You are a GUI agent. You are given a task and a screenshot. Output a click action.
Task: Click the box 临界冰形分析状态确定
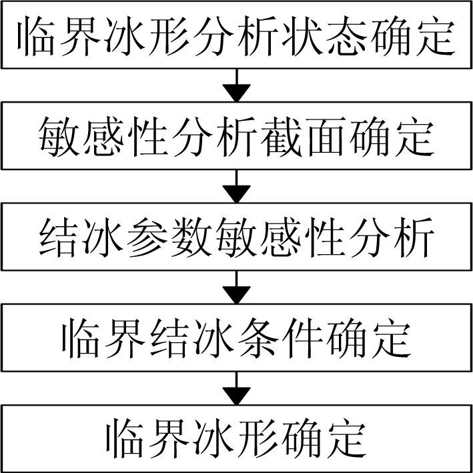(x=236, y=35)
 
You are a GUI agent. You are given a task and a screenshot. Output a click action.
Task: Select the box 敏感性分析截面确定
(x=236, y=136)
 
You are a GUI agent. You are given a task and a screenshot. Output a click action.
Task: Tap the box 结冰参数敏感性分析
(x=236, y=237)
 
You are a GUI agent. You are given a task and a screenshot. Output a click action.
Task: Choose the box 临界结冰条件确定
(x=236, y=338)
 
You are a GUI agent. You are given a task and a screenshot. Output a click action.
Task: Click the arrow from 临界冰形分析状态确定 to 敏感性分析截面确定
(x=236, y=85)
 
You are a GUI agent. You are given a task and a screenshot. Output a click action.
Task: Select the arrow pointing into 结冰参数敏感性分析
(x=236, y=185)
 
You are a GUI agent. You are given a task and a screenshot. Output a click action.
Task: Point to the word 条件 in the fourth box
(x=280, y=338)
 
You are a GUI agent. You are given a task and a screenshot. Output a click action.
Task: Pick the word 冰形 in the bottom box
(x=236, y=438)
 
